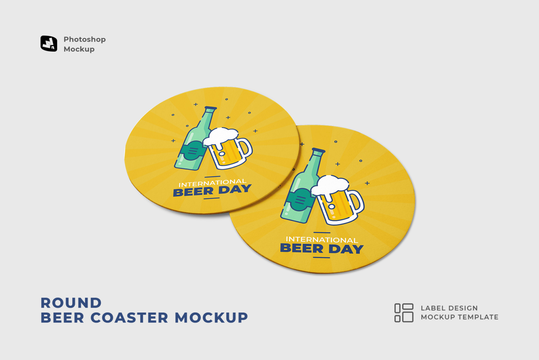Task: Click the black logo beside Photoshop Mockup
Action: pos(49,44)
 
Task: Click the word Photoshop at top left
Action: pos(85,39)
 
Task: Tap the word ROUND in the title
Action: pos(71,303)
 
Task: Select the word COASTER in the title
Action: pos(129,318)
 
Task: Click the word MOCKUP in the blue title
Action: pos(211,318)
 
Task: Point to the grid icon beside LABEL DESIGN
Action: pos(404,313)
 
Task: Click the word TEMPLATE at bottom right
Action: pos(480,317)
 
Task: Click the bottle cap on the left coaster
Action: pos(211,109)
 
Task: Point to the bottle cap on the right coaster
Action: pos(318,151)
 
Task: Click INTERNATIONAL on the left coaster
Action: pos(212,183)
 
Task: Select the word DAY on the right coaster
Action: pos(346,249)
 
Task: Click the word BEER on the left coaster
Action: pos(193,192)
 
